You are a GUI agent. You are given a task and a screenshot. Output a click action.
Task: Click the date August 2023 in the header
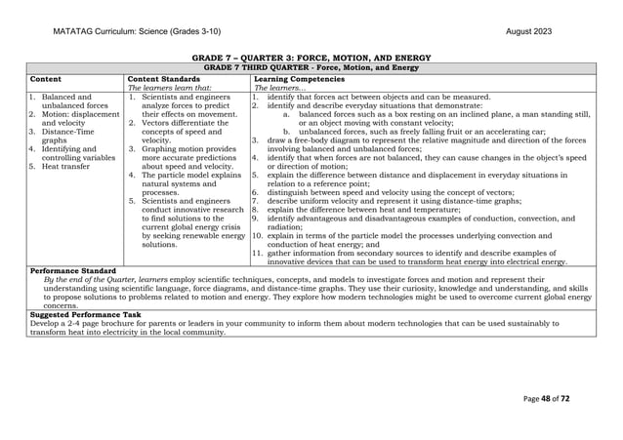click(528, 31)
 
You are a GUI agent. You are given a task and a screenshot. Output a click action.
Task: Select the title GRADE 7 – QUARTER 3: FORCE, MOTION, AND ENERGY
click(311, 59)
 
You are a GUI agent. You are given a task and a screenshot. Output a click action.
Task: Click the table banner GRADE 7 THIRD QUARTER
click(311, 67)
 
